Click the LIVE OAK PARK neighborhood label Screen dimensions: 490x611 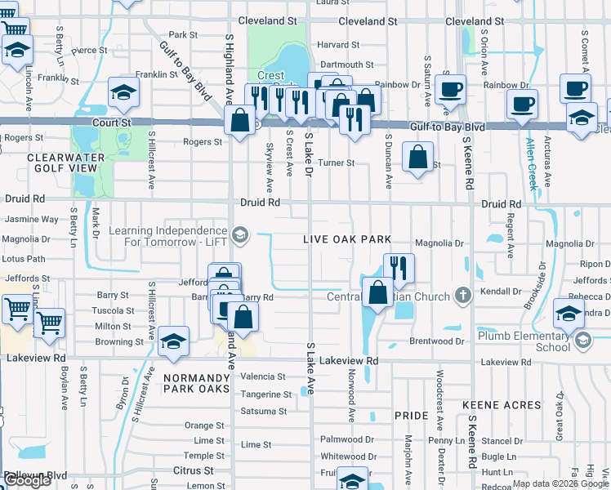pyautogui.click(x=347, y=239)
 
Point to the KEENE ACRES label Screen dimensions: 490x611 pyautogui.click(x=498, y=404)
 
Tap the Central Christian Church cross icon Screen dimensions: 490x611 pyautogui.click(x=463, y=294)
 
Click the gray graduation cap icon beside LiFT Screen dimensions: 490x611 pyautogui.click(x=239, y=236)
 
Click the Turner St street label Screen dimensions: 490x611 pyautogui.click(x=336, y=163)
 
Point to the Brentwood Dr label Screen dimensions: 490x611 pyautogui.click(x=437, y=341)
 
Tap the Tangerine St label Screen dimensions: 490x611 pyautogui.click(x=265, y=394)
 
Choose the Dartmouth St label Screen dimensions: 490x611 pyautogui.click(x=346, y=65)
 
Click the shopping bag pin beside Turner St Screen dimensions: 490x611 pyautogui.click(x=417, y=158)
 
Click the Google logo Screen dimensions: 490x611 pyautogui.click(x=27, y=480)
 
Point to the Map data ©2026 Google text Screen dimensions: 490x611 pyautogui.click(x=560, y=483)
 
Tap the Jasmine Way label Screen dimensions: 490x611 pyautogui.click(x=32, y=220)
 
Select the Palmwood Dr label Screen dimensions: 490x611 pyautogui.click(x=347, y=439)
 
